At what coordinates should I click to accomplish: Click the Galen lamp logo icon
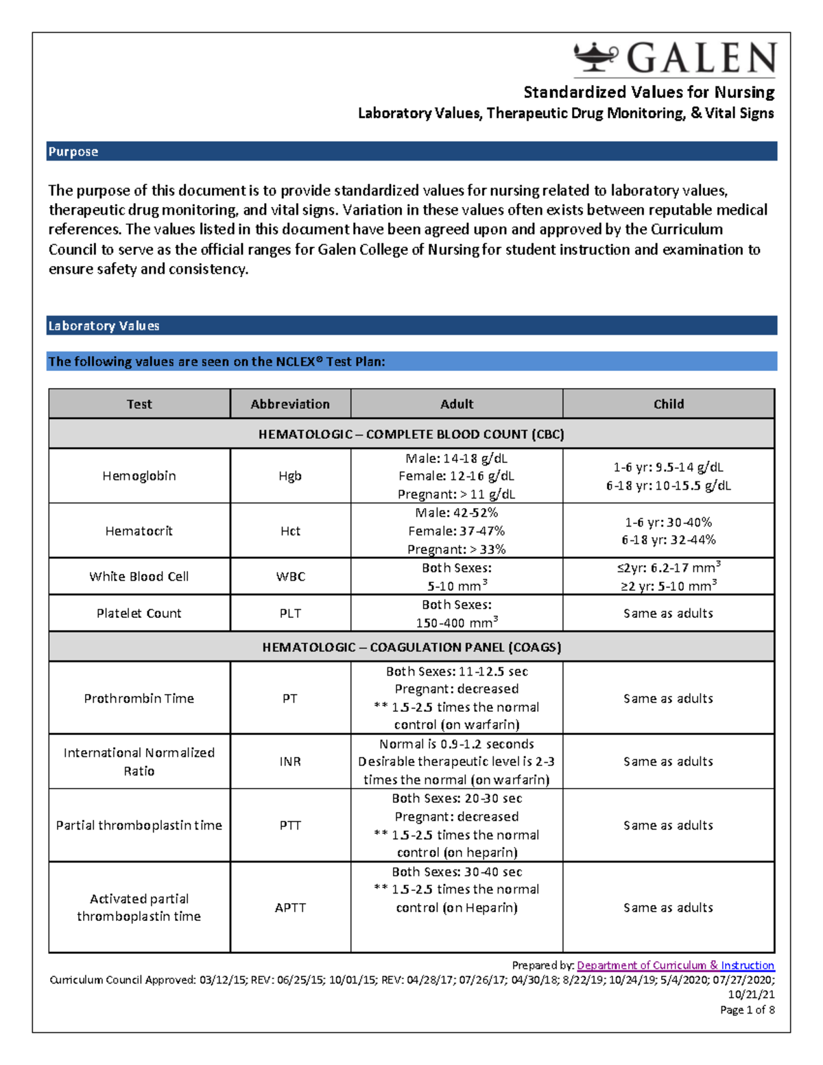[x=595, y=57]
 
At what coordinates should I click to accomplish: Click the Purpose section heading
[x=73, y=152]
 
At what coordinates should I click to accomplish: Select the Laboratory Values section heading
[x=104, y=326]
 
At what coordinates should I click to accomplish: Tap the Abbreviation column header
[x=290, y=404]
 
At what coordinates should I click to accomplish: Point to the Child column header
[x=668, y=404]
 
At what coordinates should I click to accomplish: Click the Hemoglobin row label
[x=139, y=476]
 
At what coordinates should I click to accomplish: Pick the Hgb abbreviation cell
[x=290, y=476]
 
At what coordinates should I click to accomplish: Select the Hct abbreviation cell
[x=290, y=531]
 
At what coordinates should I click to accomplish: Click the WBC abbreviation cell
[x=290, y=577]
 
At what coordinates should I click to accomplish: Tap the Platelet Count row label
[x=139, y=613]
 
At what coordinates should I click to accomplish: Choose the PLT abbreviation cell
[x=290, y=613]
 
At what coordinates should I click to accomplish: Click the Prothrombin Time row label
[x=139, y=698]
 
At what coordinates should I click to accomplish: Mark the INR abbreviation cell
[x=290, y=761]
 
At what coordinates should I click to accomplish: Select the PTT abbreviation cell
[x=290, y=825]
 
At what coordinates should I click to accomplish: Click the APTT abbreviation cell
[x=290, y=907]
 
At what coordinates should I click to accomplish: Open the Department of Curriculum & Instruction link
[x=676, y=965]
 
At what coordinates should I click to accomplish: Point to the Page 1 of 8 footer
[x=747, y=1009]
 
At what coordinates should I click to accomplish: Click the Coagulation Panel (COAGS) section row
[x=411, y=647]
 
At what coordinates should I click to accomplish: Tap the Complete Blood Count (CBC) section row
[x=411, y=434]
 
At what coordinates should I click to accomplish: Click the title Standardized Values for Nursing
[x=649, y=92]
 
